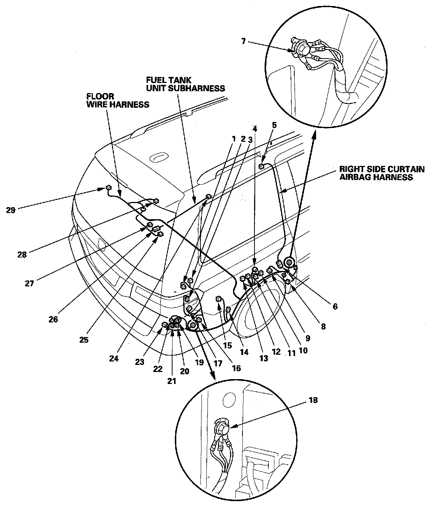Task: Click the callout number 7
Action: (243, 41)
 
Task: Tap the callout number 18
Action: (313, 400)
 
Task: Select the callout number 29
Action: (11, 210)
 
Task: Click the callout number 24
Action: (114, 358)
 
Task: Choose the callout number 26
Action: (53, 319)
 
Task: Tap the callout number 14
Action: (244, 352)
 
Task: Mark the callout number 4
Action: (255, 128)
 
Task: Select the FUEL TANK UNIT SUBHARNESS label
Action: (186, 84)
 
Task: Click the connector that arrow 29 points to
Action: (108, 188)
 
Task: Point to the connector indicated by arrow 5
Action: (262, 166)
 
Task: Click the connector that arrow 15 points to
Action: (218, 299)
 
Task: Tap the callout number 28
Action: (22, 254)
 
